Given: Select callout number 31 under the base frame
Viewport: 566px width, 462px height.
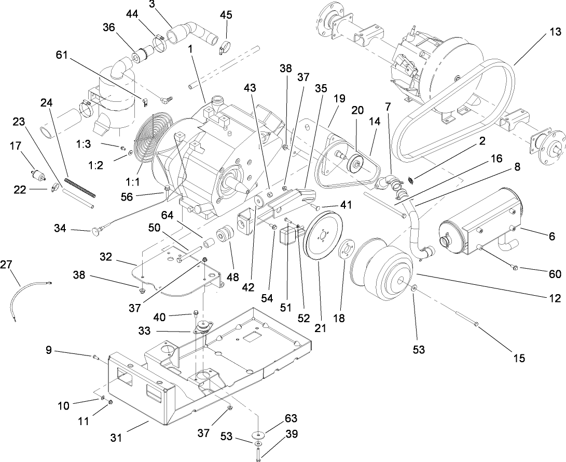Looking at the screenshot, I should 116,438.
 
